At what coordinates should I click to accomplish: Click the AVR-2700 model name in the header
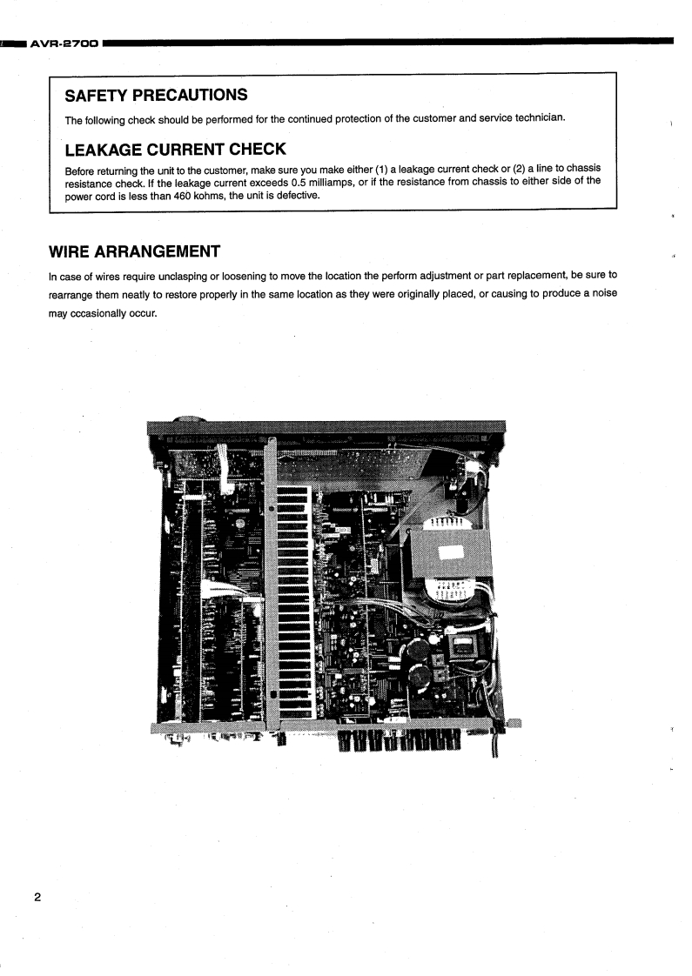click(x=64, y=41)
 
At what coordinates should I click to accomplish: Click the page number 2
click(x=37, y=872)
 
